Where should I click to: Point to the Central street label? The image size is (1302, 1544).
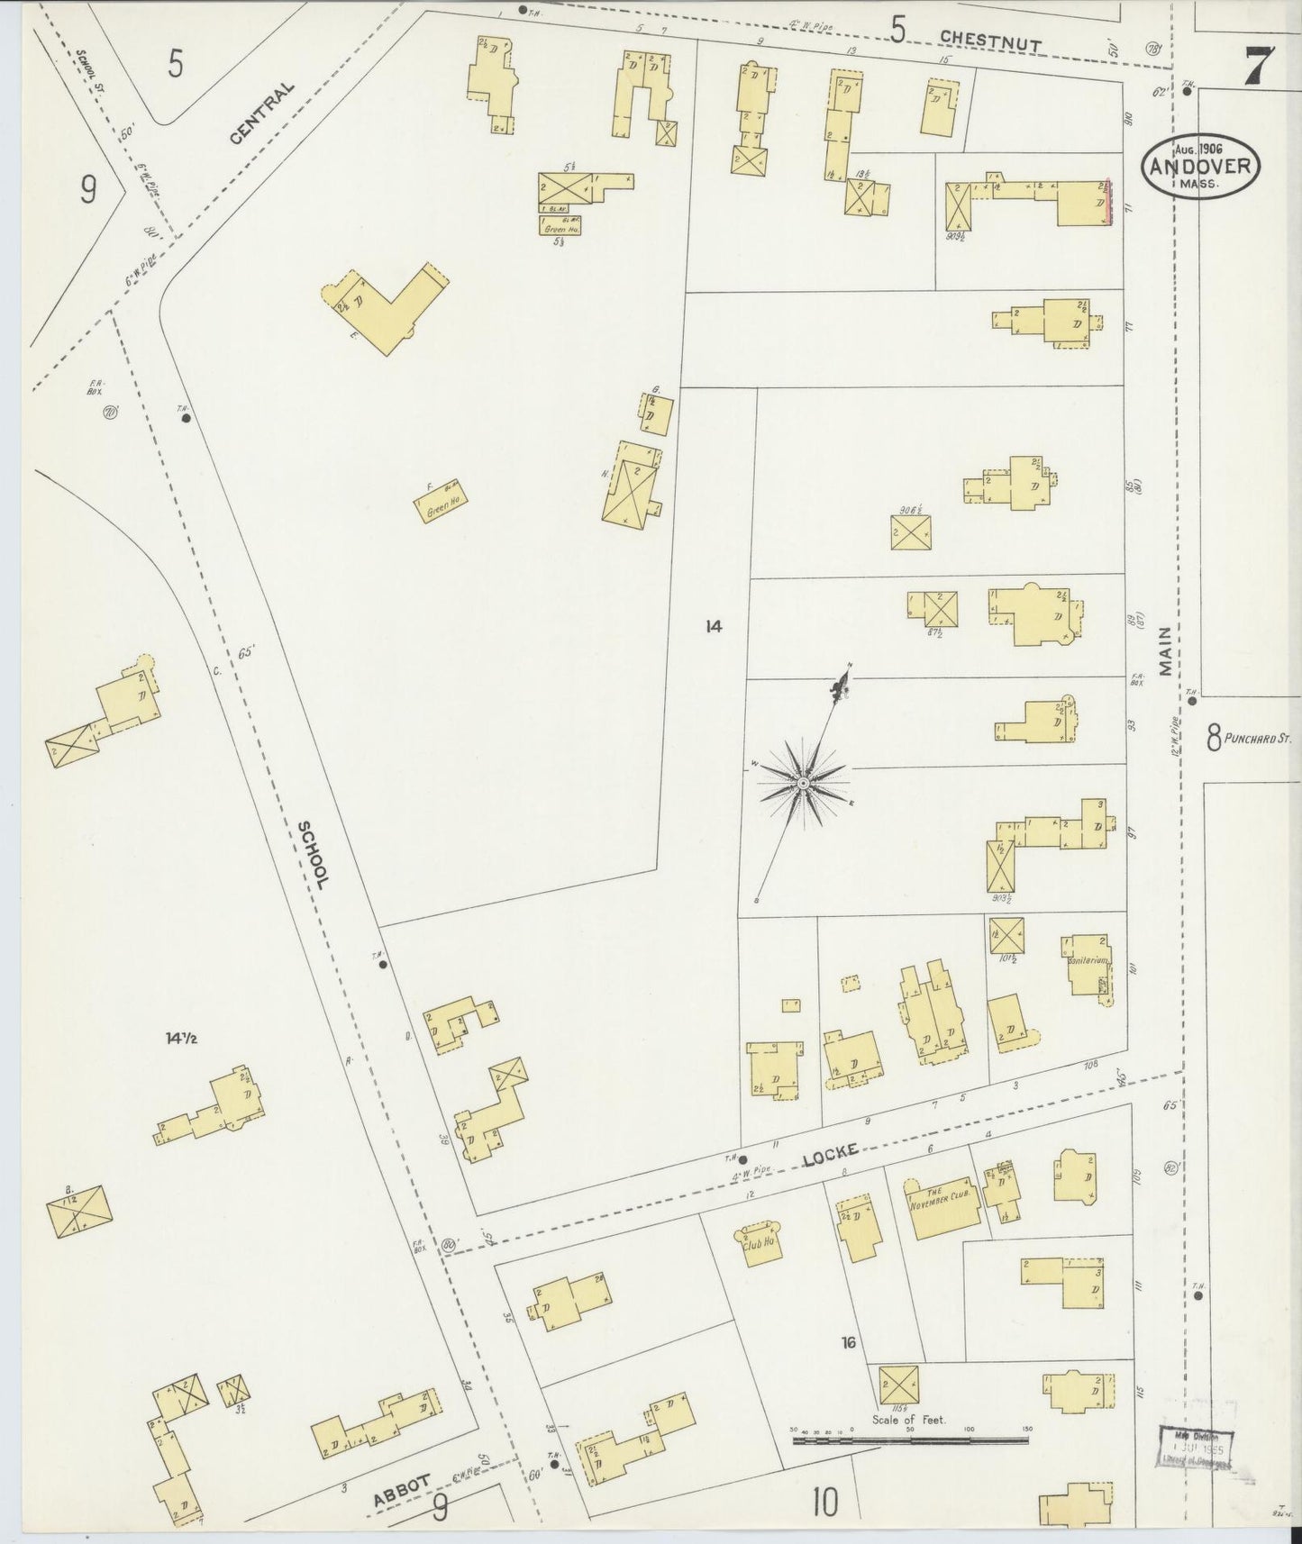click(261, 114)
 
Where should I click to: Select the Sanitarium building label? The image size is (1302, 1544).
click(1088, 962)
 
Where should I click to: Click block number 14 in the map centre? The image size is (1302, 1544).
click(714, 626)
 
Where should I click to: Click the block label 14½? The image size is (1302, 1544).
click(181, 1038)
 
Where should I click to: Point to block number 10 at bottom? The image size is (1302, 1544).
click(824, 1503)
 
